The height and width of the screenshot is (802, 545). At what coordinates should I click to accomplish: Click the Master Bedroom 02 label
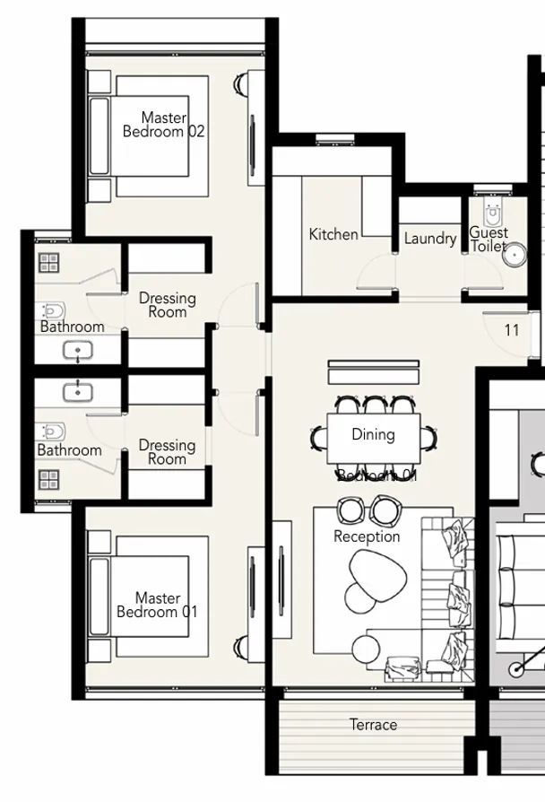pos(163,125)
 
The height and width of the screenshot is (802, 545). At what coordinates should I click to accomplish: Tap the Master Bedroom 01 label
pos(157,605)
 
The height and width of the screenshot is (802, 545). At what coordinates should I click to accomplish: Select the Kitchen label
pos(333,234)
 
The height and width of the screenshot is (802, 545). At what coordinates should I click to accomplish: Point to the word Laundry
pos(429,239)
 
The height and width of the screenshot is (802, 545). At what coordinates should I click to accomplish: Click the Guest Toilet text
pos(489,239)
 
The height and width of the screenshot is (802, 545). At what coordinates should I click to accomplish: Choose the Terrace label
pos(373,725)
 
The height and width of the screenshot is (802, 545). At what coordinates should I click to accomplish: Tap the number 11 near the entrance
pos(511,330)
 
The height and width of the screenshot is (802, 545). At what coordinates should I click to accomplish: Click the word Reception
pos(367,536)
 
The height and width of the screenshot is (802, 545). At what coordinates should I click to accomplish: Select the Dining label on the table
pos(373,435)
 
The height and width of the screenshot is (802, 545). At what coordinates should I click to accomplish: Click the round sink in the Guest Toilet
pos(514,256)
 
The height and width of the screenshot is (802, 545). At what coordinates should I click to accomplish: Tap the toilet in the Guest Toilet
pos(492,214)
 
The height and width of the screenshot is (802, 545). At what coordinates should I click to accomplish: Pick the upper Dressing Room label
pos(167,305)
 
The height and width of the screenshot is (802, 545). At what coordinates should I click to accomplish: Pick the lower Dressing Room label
pos(167,451)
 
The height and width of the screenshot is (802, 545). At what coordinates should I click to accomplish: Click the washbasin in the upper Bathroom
pos(78,350)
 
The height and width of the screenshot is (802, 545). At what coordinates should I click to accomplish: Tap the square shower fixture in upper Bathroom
pos(48,262)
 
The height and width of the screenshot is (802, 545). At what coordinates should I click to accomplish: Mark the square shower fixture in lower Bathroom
pos(48,479)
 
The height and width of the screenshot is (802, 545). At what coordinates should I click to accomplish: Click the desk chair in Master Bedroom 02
pos(240,85)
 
